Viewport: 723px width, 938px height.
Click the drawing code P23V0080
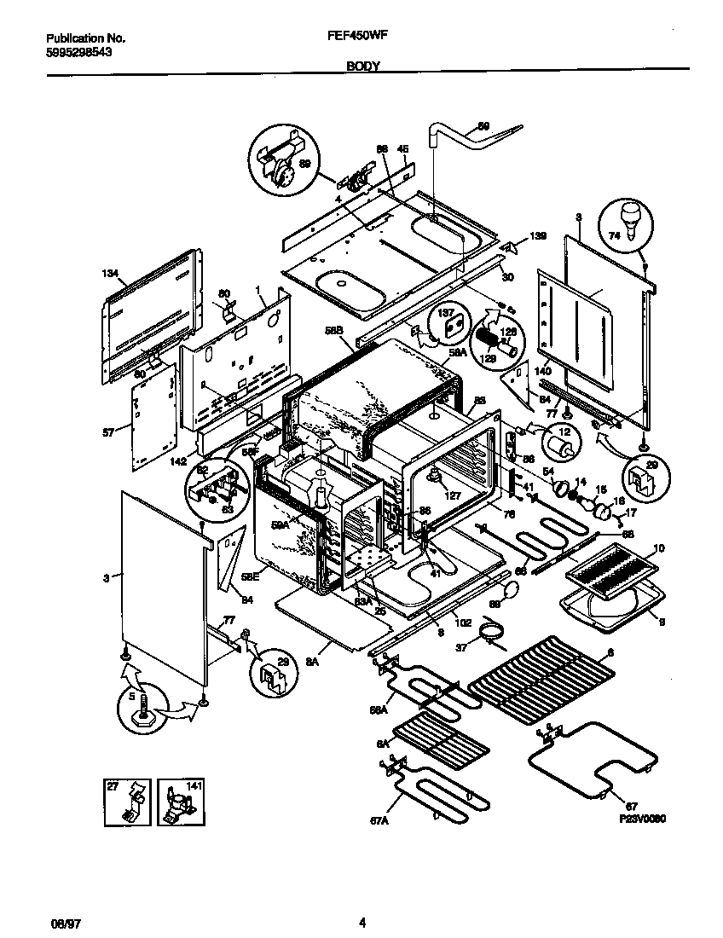tap(641, 818)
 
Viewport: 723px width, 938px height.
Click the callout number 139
tap(537, 235)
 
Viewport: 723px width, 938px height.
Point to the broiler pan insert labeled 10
tap(613, 570)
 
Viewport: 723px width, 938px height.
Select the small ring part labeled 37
tap(490, 632)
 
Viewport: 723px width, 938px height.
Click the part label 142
tap(177, 461)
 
